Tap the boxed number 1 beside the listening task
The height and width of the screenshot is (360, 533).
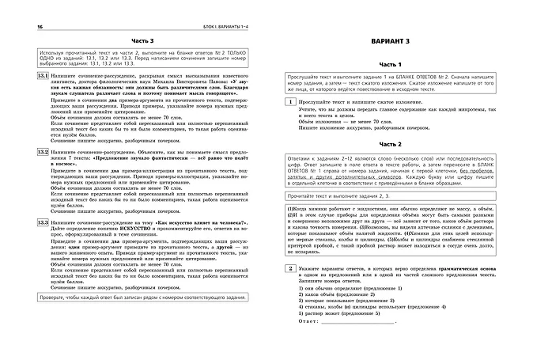pyautogui.click(x=292, y=104)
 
